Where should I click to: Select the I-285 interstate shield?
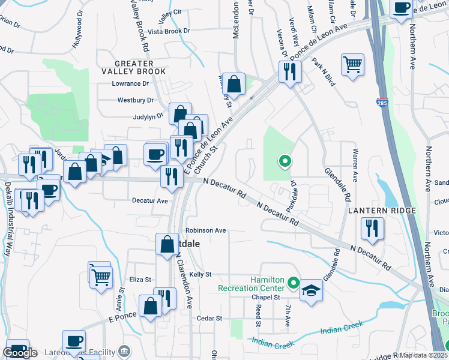click(x=382, y=104)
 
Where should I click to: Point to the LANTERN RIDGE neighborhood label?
click(x=382, y=211)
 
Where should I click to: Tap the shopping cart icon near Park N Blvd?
click(x=352, y=64)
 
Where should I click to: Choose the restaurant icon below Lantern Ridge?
click(x=372, y=229)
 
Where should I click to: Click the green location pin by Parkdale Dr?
click(x=285, y=161)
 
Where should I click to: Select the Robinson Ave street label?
click(x=205, y=230)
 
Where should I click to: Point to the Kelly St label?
click(x=200, y=274)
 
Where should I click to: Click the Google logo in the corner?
click(x=20, y=353)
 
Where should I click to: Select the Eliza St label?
click(x=140, y=279)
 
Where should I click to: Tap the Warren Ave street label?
click(x=355, y=165)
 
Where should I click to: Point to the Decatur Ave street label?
click(x=150, y=201)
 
